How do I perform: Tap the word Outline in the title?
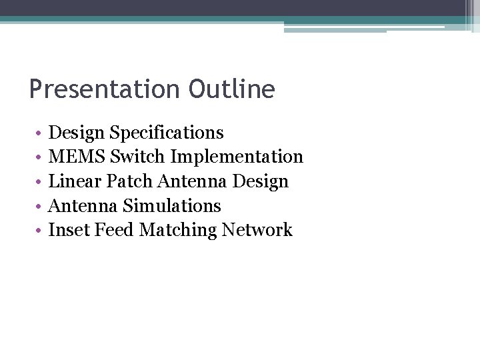pos(231,89)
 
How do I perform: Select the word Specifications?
pos(167,133)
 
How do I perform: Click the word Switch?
pos(138,157)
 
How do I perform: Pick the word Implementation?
pos(237,157)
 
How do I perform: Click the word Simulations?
pos(172,206)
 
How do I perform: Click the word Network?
pos(257,230)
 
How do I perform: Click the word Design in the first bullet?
pos(77,133)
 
